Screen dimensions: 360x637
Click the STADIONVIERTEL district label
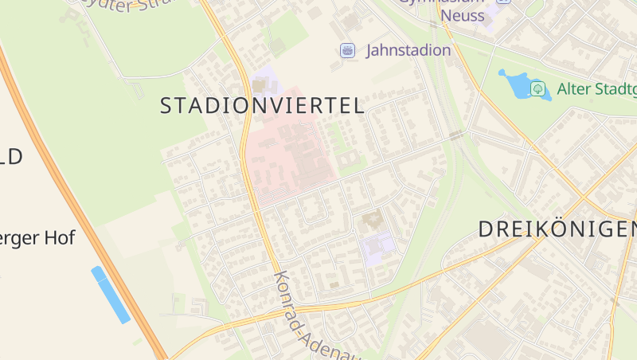262,106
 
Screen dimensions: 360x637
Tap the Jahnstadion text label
408,50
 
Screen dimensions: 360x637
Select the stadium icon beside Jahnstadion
347,50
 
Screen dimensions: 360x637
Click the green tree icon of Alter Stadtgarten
538,88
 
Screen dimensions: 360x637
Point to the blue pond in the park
516,84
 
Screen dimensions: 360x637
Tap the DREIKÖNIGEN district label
557,229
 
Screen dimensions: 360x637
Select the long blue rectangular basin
111,295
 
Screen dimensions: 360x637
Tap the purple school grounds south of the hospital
377,246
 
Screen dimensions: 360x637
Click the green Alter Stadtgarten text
596,88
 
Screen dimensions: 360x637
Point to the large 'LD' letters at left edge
11,157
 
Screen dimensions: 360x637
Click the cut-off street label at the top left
119,5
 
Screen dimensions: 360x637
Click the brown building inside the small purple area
260,84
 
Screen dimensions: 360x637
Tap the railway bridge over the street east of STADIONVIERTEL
455,136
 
